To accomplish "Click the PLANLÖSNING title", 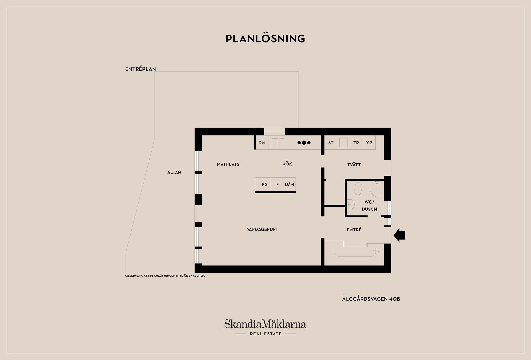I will (265, 39).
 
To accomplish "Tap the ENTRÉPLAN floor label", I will (140, 69).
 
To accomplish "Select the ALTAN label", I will (174, 172).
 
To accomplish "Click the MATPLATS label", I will (228, 164).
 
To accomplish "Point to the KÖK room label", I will (287, 164).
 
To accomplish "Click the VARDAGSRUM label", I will (262, 229).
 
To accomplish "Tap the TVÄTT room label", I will (354, 165).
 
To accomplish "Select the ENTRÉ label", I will (354, 229).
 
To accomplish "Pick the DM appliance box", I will (262, 143).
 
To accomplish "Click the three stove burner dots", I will (304, 143).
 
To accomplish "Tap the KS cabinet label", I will (265, 184).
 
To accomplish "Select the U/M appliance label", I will (290, 184).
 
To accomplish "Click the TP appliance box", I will (356, 143).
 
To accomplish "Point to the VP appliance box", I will (369, 143).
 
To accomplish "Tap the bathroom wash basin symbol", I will (350, 205).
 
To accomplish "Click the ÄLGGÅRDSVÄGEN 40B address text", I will (371, 299).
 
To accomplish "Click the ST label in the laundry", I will (331, 143).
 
